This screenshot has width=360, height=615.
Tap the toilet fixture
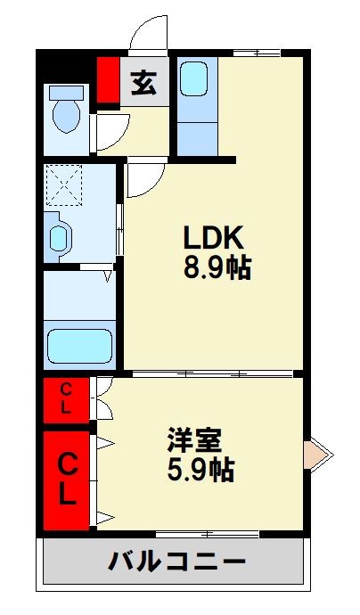click(66, 111)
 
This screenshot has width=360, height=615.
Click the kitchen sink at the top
click(197, 78)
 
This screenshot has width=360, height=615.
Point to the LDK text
click(213, 239)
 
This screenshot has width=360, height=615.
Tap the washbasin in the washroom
click(59, 237)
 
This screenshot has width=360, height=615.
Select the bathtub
click(80, 343)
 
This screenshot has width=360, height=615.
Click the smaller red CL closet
click(67, 399)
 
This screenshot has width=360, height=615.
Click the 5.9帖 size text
click(200, 469)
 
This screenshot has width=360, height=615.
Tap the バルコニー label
click(177, 562)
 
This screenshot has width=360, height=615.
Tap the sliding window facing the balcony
click(207, 534)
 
